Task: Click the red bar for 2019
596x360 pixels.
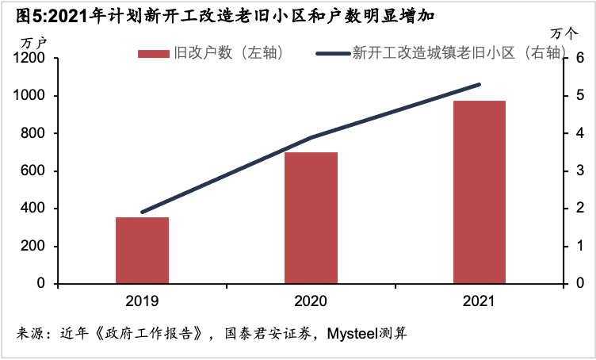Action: pos(142,250)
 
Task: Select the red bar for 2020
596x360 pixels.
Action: pos(311,217)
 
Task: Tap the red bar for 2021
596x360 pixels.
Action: pos(479,192)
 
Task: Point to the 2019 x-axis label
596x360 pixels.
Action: pos(142,302)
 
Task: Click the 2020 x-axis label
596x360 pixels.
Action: pos(311,302)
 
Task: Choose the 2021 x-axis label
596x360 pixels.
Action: pos(479,302)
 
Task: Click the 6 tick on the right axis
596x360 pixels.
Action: pos(579,59)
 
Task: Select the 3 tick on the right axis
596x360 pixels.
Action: pos(579,171)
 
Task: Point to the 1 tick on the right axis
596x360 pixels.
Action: pos(579,247)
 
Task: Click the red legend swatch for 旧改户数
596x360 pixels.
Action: pos(154,53)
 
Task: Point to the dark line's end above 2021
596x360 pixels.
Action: pos(479,84)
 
